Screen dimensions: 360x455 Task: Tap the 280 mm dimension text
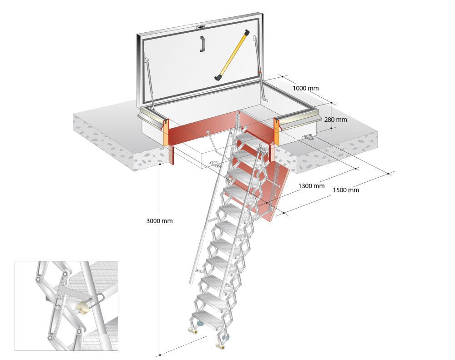(335, 120)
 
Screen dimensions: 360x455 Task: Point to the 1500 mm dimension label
(346, 190)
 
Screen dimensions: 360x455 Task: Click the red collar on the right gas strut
(259, 71)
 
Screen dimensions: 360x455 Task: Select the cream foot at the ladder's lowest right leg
(221, 346)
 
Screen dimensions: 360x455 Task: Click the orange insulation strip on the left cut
(165, 132)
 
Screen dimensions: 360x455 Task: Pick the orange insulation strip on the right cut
(276, 130)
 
